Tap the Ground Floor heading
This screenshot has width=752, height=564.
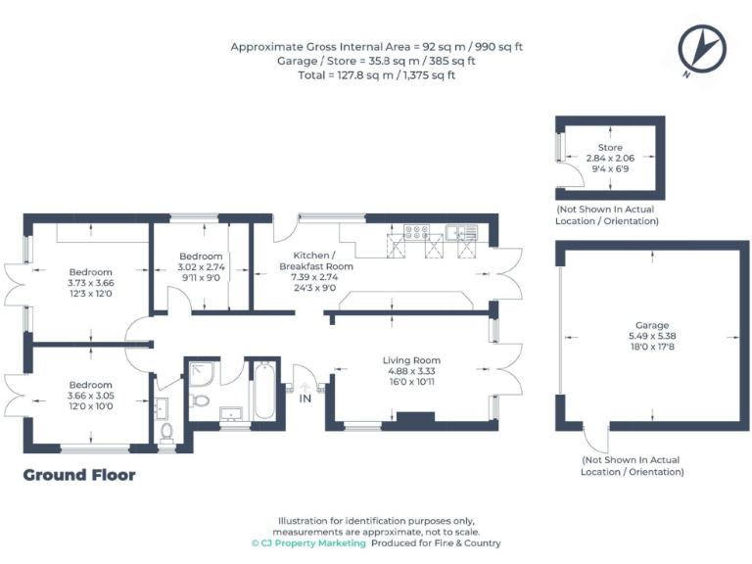tap(79, 475)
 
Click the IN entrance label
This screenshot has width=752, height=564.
tap(305, 399)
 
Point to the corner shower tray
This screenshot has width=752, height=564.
tap(201, 373)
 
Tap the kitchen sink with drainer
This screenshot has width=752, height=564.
tap(460, 233)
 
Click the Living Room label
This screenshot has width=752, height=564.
tap(411, 360)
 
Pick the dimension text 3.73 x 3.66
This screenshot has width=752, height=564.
tap(91, 283)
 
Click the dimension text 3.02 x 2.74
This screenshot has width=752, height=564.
tap(202, 266)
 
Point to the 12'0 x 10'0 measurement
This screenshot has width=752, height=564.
tap(90, 405)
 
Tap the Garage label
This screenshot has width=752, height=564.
tap(651, 325)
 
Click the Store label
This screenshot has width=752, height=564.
tap(610, 148)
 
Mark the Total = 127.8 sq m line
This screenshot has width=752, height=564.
tap(376, 74)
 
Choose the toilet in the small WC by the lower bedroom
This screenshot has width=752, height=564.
tap(165, 432)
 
